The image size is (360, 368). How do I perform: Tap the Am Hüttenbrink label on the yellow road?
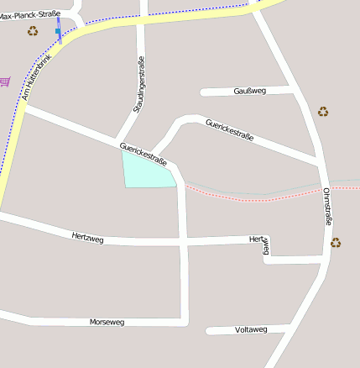[x=38, y=76]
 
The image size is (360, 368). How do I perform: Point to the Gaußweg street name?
[x=249, y=90]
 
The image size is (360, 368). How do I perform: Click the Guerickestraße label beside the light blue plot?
[x=143, y=154]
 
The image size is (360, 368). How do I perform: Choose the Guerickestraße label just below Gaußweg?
[x=229, y=131]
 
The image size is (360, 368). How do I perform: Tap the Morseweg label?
[x=107, y=322]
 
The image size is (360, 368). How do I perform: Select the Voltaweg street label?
[x=251, y=329]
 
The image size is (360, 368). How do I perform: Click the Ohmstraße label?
[x=326, y=207]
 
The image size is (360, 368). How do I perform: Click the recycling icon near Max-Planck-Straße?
[x=33, y=31]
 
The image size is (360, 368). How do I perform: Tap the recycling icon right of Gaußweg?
[x=323, y=111]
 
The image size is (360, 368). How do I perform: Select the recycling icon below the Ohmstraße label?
[x=336, y=243]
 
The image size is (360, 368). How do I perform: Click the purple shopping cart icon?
[x=5, y=81]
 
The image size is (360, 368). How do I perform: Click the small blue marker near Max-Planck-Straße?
[x=58, y=31]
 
